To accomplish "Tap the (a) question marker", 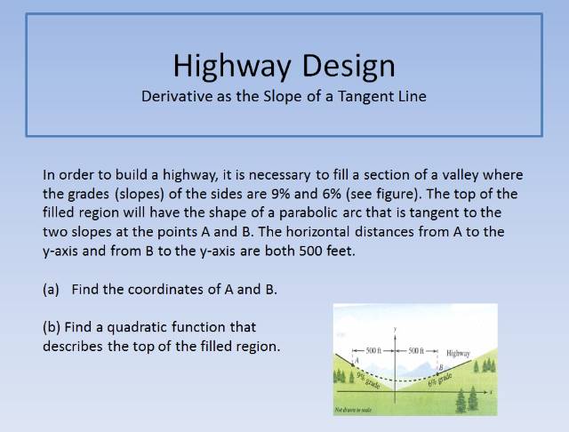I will [52, 290].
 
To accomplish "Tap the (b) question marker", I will [52, 326].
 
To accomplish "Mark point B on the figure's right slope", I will [439, 367].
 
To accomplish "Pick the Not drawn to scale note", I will [353, 410].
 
